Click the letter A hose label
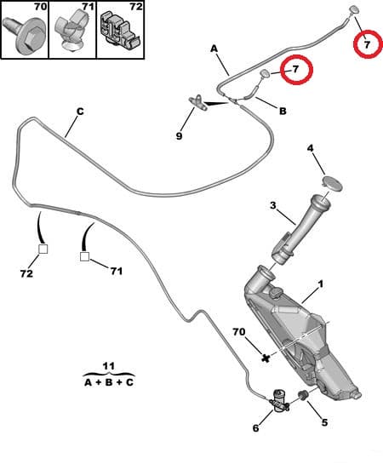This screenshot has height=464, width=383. coord(214,49)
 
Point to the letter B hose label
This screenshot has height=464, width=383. coord(283,111)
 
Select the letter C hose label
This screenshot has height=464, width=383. coord(79,111)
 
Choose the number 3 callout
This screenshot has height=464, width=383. coord(272,205)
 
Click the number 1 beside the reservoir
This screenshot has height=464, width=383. coord(321,284)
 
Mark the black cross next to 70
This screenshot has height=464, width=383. coord(266,358)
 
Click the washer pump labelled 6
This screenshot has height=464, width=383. coord(278,399)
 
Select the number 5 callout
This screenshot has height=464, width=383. coord(323,423)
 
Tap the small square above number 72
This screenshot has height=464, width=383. coord(43,250)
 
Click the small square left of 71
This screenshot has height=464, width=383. coord(86,255)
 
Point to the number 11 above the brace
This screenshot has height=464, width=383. coord(108,366)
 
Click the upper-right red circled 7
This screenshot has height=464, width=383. coord(367,43)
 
